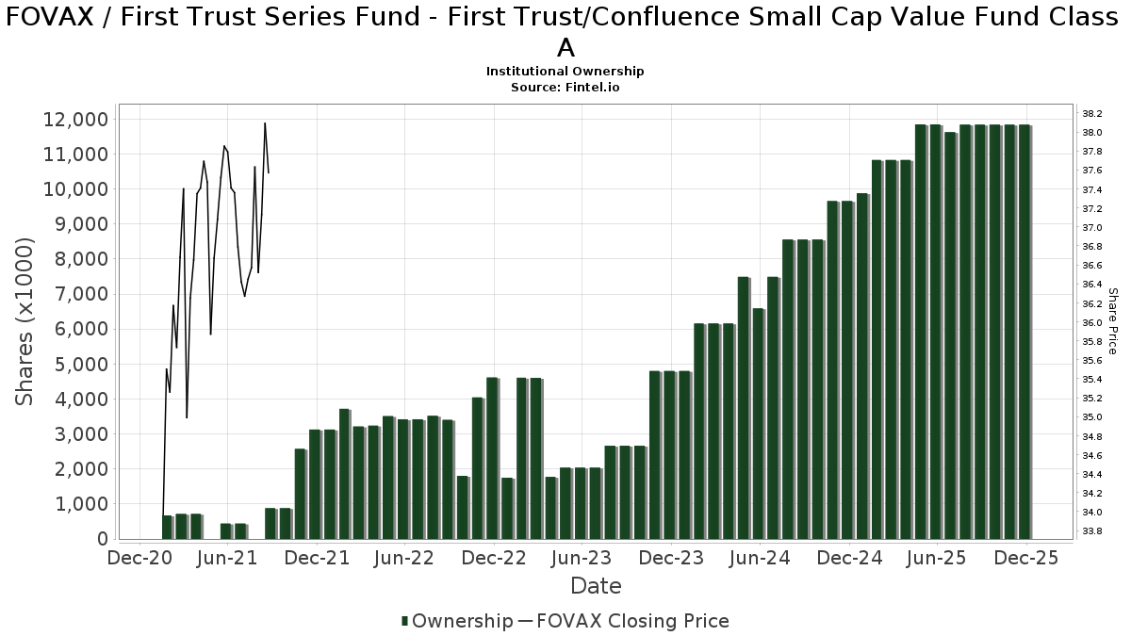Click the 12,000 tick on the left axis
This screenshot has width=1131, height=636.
click(x=74, y=120)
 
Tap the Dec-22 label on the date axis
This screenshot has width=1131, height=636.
click(x=493, y=559)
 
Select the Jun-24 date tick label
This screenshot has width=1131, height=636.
click(x=761, y=559)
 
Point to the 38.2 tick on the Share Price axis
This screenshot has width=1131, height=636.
click(x=1091, y=114)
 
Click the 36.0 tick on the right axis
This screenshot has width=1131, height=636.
click(x=1091, y=323)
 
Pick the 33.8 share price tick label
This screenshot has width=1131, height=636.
click(x=1091, y=531)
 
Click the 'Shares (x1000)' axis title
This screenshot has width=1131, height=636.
click(x=25, y=321)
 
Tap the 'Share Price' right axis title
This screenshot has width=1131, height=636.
click(x=1112, y=321)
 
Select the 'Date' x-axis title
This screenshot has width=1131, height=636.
click(x=596, y=586)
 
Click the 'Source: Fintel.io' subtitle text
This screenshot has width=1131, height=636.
click(x=565, y=87)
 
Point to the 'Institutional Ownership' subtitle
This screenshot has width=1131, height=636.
click(x=565, y=72)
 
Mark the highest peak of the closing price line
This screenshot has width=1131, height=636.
click(x=265, y=123)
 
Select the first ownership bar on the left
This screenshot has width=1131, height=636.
click(x=168, y=527)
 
